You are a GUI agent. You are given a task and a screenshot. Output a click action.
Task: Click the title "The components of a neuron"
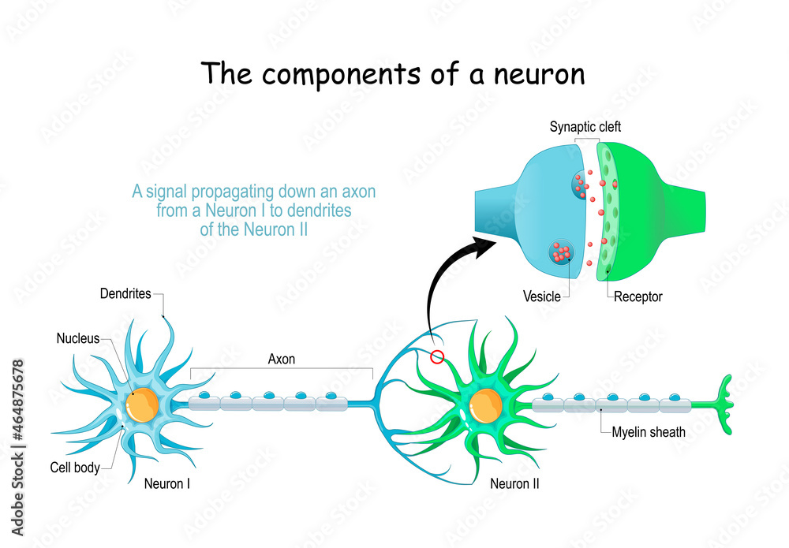tap(393, 73)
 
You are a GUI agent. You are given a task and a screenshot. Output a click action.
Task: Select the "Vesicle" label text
tap(542, 297)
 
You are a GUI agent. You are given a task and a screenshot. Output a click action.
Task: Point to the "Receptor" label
tap(638, 297)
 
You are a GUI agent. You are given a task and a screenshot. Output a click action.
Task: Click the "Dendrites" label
tap(126, 294)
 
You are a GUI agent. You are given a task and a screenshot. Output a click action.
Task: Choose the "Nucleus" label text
tap(78, 339)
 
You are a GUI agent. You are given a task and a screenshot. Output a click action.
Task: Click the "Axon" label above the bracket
tap(282, 359)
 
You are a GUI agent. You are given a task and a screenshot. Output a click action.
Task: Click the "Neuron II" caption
tap(514, 483)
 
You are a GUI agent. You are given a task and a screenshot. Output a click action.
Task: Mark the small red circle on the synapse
tap(437, 358)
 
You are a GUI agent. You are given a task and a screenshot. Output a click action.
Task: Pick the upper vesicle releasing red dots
tap(578, 184)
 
